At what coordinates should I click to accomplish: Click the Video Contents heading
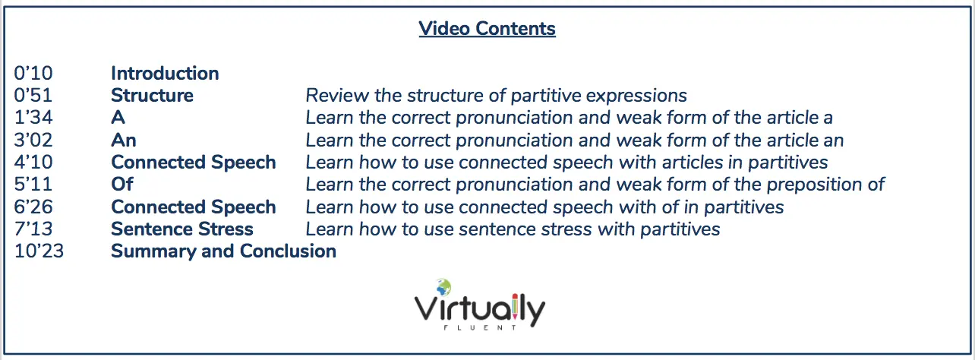(x=487, y=29)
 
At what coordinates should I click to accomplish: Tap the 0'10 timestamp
(x=33, y=73)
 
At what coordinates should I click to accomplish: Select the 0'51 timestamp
(x=33, y=96)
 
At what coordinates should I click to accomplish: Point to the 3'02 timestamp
(x=33, y=141)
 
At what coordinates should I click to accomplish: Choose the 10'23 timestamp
(x=39, y=251)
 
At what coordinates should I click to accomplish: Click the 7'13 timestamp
(x=33, y=229)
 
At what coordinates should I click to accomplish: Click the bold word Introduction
(x=165, y=73)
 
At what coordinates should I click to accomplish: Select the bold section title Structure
(x=152, y=96)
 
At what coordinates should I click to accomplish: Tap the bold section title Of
(x=121, y=184)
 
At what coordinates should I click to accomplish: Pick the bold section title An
(x=124, y=141)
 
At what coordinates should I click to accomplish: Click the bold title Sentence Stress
(x=182, y=229)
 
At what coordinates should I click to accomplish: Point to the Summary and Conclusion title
(x=223, y=251)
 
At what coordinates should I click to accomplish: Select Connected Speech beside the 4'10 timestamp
(x=194, y=163)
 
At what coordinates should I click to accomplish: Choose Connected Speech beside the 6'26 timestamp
(x=194, y=207)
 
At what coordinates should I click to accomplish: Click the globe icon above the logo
(x=443, y=287)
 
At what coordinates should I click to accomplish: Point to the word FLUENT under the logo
(x=480, y=327)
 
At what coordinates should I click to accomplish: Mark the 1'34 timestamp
(x=33, y=118)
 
